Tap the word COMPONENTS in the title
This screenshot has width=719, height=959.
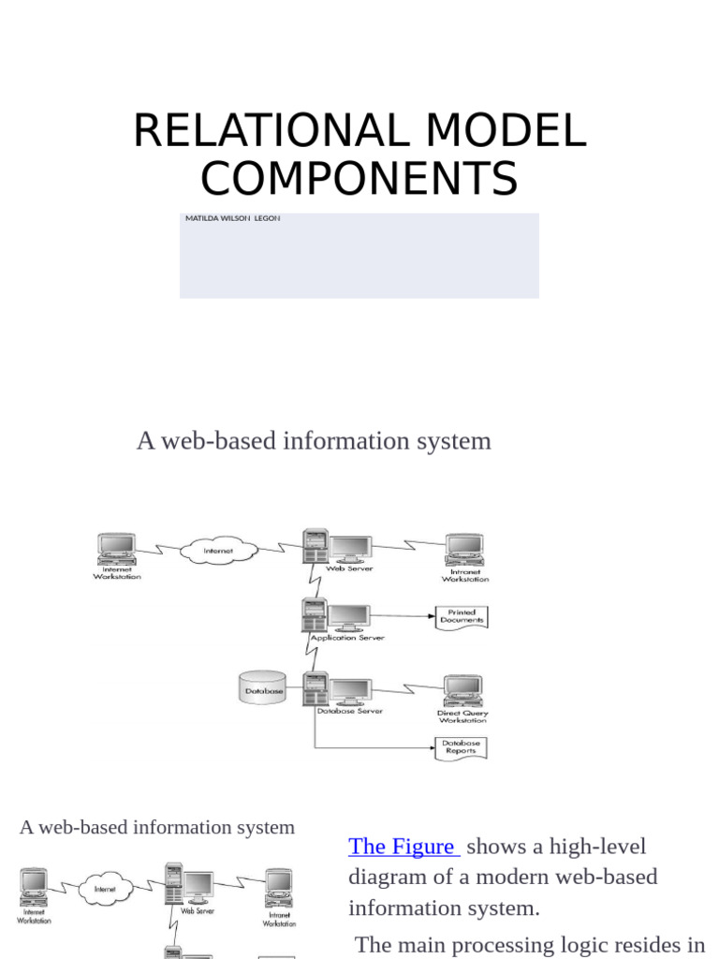point(359,179)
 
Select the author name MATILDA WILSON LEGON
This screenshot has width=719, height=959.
point(232,218)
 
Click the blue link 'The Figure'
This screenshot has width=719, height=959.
point(402,847)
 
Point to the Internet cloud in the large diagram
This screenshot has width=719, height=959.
point(218,550)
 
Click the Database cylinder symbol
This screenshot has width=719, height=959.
point(263,689)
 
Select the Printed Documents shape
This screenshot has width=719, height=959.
point(462,616)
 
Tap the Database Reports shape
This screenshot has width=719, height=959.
point(462,747)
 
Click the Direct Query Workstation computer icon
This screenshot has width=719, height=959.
point(462,691)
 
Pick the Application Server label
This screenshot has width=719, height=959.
point(347,638)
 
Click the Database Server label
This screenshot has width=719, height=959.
point(349,711)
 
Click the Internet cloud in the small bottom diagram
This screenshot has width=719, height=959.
point(104,888)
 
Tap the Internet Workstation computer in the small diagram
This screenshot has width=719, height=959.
point(34,885)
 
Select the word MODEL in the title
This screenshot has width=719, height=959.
point(506,131)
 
